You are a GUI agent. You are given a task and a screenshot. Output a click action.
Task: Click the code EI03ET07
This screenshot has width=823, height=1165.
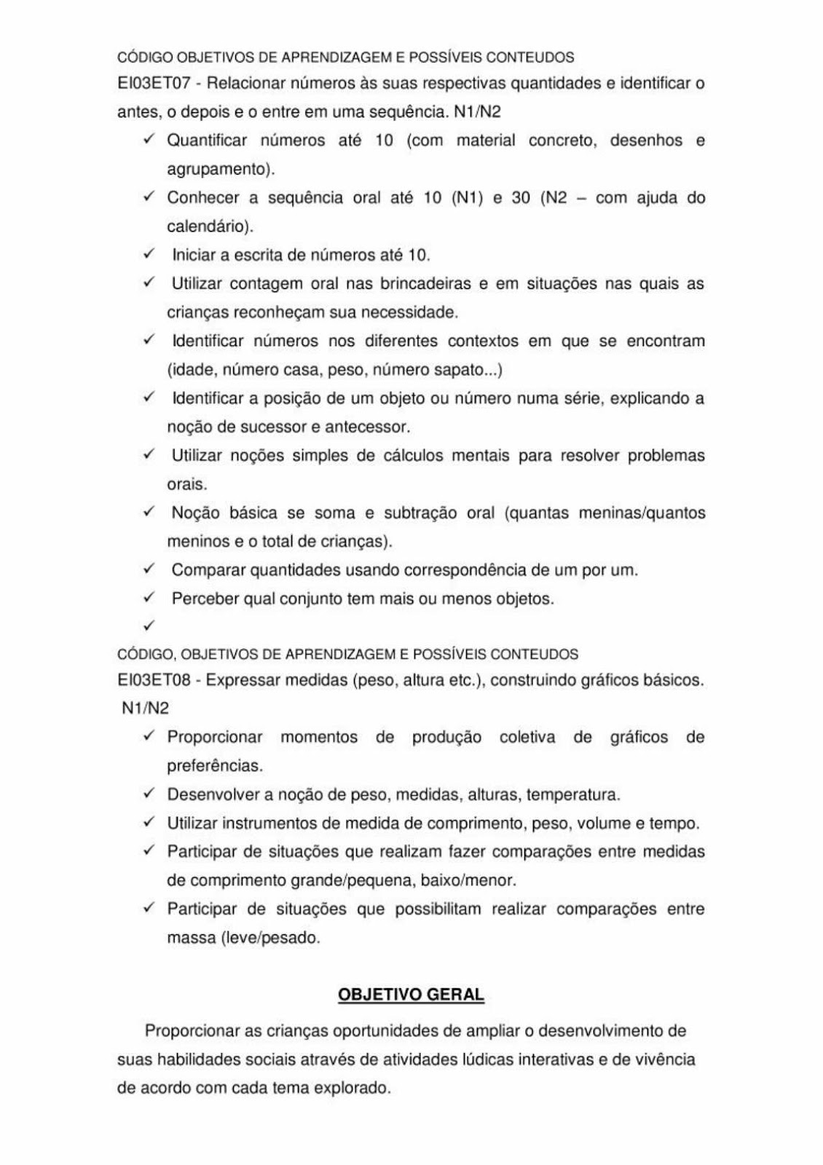154,84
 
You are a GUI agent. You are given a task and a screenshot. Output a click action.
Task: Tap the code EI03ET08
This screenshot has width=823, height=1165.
154,681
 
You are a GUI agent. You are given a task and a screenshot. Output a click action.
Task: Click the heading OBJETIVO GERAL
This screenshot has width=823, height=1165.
411,995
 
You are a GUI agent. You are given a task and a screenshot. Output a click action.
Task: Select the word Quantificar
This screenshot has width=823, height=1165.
207,141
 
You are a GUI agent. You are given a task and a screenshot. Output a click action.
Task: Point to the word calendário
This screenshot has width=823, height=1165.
210,226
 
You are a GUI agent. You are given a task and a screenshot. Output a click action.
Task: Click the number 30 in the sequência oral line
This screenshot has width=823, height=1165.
521,198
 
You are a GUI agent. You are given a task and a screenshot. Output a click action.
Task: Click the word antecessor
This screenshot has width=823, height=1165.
368,427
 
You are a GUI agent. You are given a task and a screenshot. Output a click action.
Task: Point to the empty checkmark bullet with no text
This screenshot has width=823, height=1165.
149,625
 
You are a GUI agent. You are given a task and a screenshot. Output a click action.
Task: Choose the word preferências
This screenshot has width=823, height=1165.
214,766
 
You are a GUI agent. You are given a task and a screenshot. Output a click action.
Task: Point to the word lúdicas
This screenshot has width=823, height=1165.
488,1059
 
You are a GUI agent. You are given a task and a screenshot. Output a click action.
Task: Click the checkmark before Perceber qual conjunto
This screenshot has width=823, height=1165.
149,598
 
